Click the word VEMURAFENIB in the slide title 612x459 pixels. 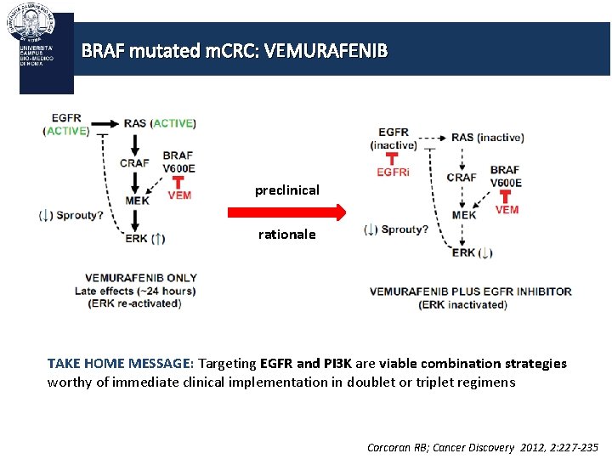coord(326,51)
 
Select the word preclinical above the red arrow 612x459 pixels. coord(287,190)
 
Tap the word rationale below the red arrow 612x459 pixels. coord(286,234)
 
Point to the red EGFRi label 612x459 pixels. coord(394,173)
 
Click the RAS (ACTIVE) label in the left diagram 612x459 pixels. coord(160,123)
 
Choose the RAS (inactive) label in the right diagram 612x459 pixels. coord(487,137)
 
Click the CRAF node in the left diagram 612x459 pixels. coord(134,163)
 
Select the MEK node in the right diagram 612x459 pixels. coord(464,215)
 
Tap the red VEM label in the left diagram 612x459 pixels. coord(179,195)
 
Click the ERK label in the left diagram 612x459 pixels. coord(138,239)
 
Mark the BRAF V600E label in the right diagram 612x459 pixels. coord(505,176)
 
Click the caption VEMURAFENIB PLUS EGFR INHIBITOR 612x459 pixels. coord(470,292)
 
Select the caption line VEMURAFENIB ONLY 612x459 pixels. coord(140,277)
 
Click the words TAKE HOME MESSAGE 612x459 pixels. coord(120,364)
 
